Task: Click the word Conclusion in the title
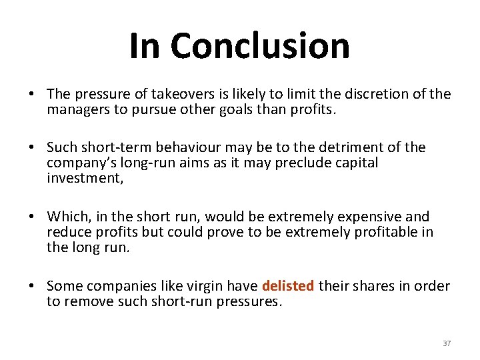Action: [x=259, y=46]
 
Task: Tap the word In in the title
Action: [x=145, y=46]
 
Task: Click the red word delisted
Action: [x=288, y=286]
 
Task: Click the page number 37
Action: [x=447, y=343]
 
